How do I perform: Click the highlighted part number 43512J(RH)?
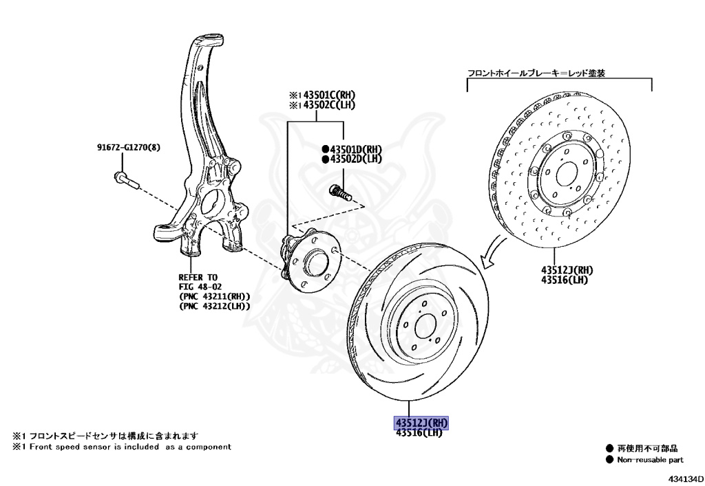point(421,422)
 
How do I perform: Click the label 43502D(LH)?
point(351,159)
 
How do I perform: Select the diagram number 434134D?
point(684,478)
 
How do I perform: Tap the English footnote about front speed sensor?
point(122,447)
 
